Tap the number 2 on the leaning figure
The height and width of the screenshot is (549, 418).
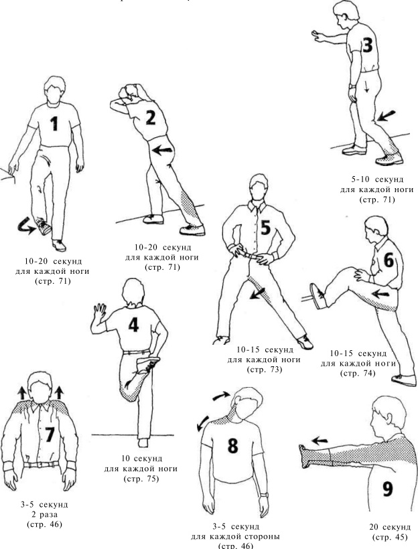point(151,118)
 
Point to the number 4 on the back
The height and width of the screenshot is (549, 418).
point(133,325)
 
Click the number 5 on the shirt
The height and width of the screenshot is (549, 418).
point(265,228)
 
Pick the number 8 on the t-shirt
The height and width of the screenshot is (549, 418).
point(232,445)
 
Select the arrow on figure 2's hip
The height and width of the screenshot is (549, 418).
point(160,151)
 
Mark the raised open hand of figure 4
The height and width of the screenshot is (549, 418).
point(100,313)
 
